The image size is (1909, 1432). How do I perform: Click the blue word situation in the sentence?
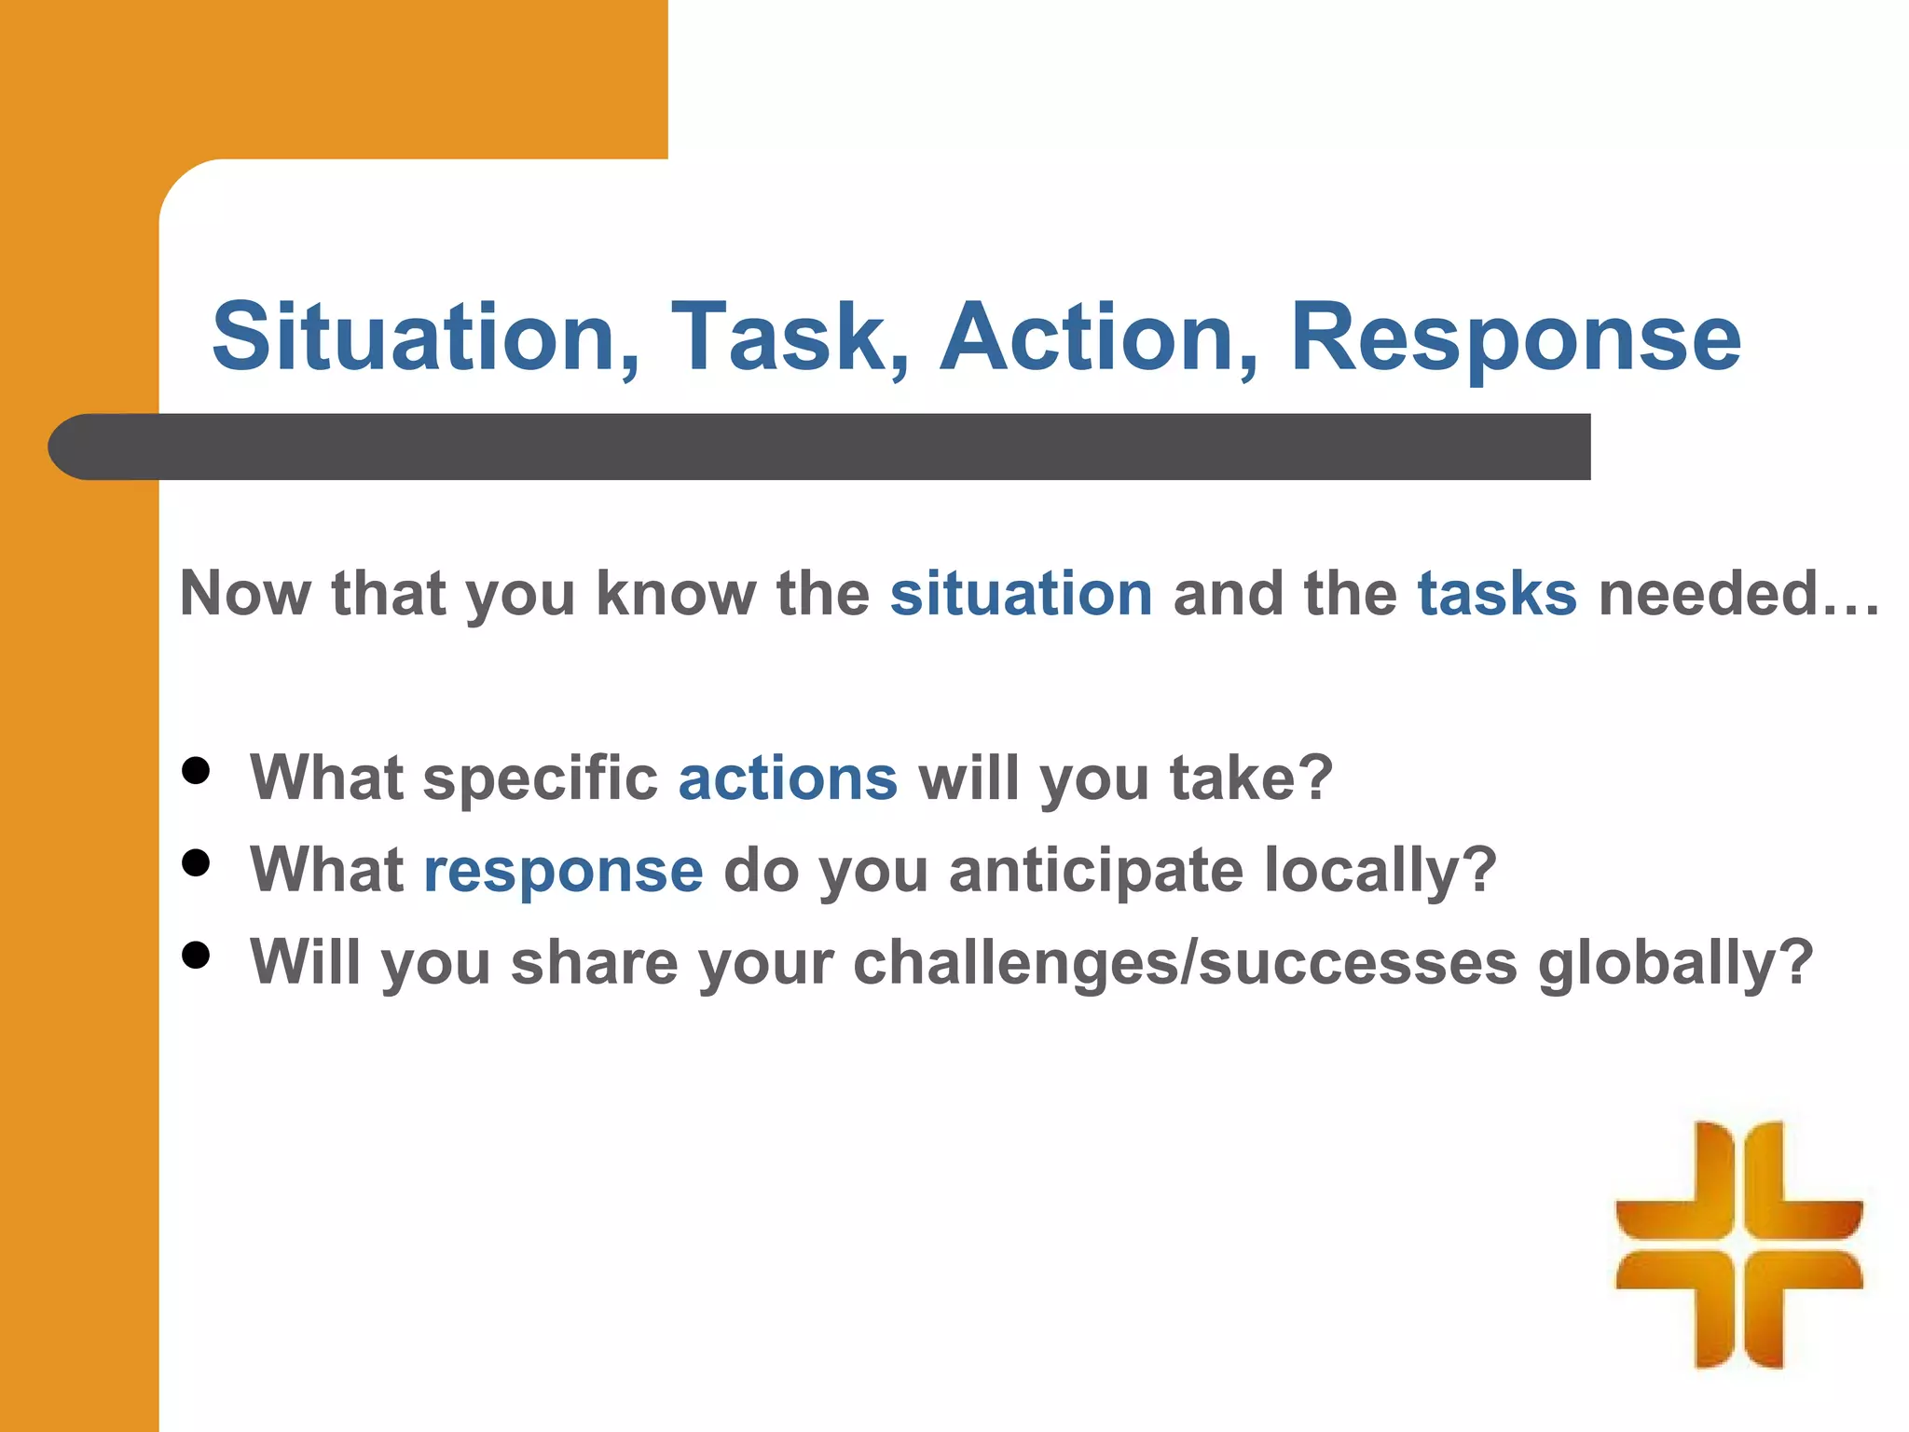tap(1021, 594)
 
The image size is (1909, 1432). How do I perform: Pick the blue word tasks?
tap(1497, 594)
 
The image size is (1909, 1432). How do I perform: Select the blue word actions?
tap(788, 778)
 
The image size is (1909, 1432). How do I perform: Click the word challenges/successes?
tap(1185, 962)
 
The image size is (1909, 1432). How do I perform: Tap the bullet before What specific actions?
tap(196, 771)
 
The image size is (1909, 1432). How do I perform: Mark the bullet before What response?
tap(196, 863)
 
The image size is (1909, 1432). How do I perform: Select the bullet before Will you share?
tap(196, 956)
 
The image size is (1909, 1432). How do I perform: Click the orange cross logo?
tap(1738, 1245)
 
